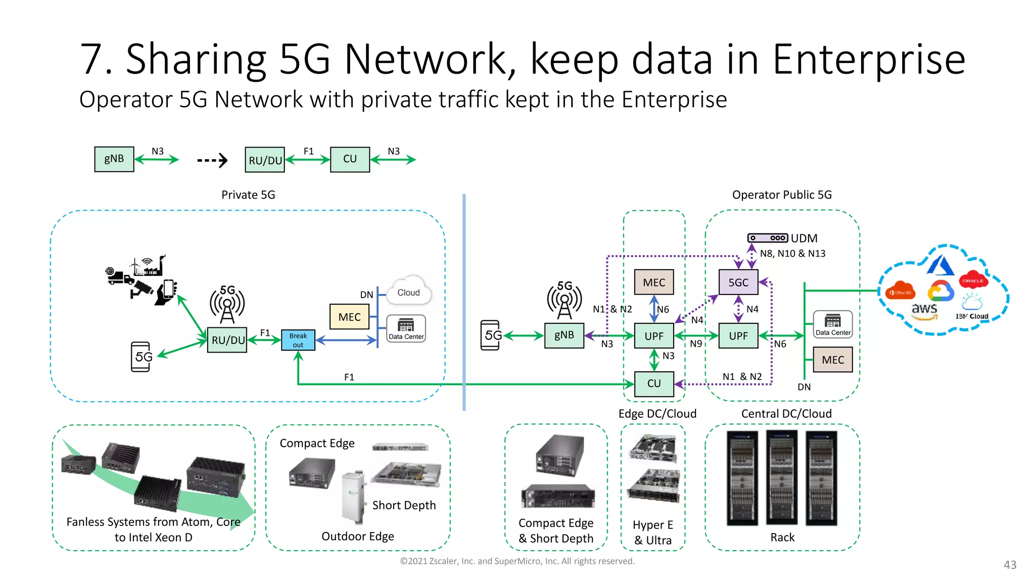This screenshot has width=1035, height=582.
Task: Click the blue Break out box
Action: (298, 340)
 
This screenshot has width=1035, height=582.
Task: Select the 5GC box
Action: (738, 282)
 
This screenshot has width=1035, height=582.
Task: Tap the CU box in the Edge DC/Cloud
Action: (654, 383)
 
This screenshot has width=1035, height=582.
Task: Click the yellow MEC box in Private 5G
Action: (349, 317)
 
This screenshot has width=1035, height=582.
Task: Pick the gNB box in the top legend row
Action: (114, 159)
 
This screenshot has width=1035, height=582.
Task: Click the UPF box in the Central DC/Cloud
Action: (738, 336)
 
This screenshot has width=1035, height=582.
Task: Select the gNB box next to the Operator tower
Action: (564, 335)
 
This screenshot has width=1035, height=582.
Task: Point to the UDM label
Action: (804, 238)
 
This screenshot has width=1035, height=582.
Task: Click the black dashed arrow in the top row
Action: (212, 161)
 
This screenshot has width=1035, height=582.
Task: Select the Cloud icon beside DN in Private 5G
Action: (408, 292)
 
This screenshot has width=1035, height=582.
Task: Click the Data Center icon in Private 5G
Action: (406, 328)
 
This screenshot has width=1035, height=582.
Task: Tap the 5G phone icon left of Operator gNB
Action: (491, 335)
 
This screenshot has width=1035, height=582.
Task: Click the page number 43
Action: (1010, 565)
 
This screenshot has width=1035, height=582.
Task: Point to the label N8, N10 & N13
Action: (792, 254)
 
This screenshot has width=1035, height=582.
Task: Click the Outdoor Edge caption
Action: (357, 536)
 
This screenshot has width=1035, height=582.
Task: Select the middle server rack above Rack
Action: (781, 478)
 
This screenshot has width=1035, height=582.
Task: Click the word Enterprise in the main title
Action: (869, 60)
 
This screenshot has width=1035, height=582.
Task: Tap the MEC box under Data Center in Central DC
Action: (832, 360)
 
